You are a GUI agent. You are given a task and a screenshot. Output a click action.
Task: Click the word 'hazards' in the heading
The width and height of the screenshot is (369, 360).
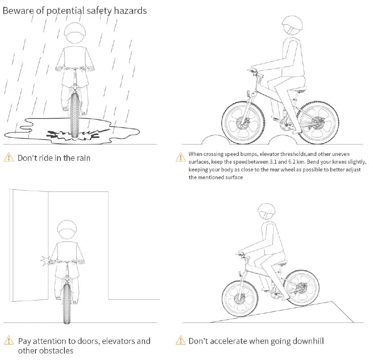click(x=128, y=11)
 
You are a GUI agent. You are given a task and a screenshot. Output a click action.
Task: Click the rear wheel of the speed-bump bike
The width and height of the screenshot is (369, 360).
click(x=318, y=123)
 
